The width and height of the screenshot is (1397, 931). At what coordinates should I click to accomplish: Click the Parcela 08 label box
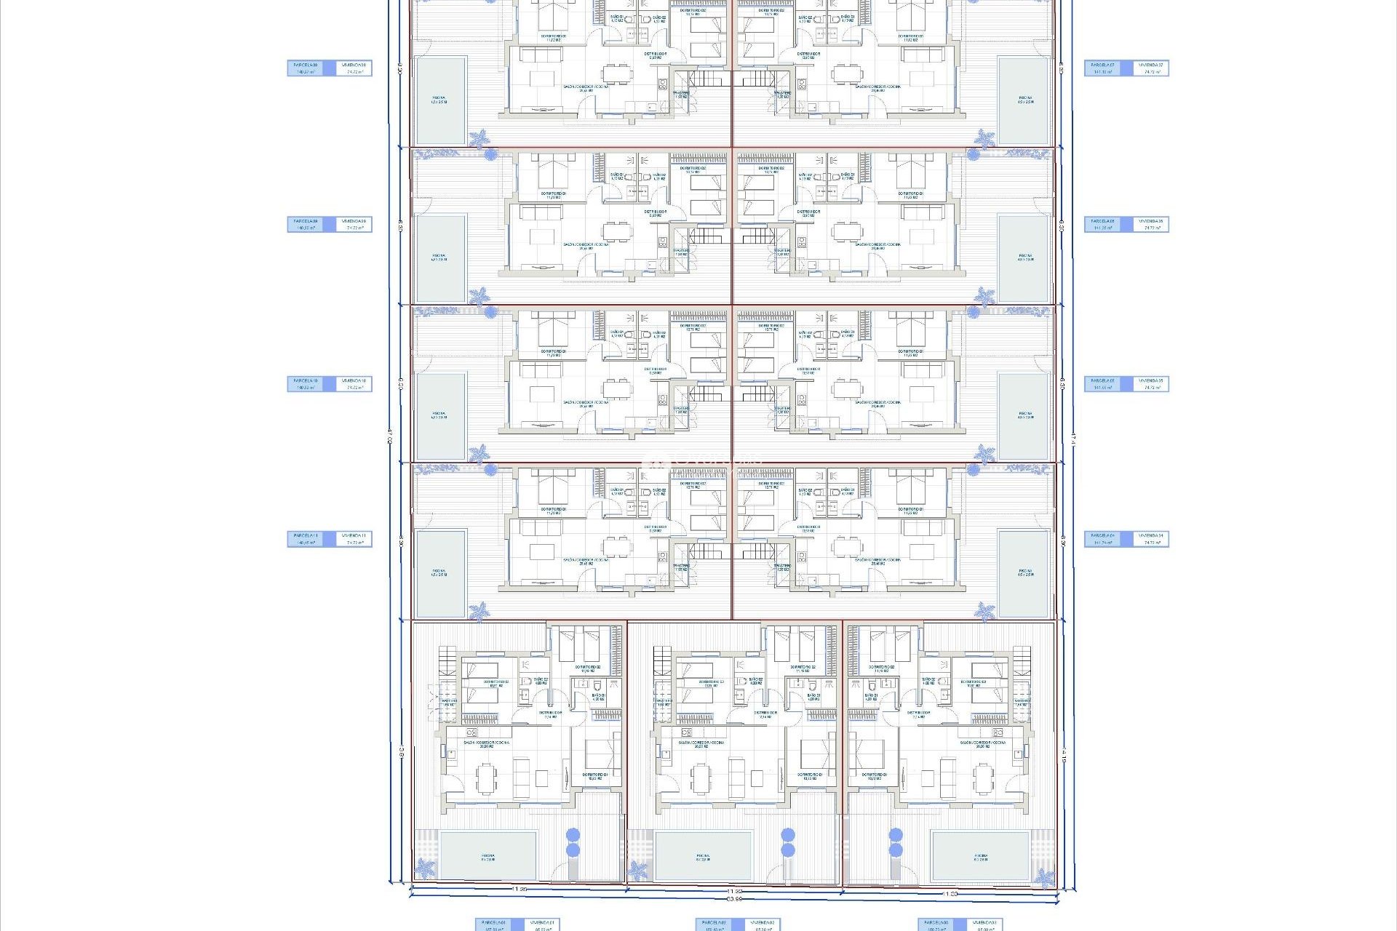[305, 68]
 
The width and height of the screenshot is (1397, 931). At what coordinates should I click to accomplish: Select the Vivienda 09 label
[354, 224]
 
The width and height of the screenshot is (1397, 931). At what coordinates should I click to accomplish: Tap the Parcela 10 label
[305, 383]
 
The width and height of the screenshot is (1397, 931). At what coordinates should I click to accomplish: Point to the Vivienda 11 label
[354, 538]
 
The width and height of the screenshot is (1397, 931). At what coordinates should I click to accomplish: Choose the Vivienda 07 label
[1152, 68]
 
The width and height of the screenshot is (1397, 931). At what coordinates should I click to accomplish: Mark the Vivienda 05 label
[1152, 383]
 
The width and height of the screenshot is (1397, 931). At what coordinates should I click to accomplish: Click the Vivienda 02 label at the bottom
[763, 924]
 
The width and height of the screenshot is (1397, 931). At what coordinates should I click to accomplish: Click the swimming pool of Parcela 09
[440, 258]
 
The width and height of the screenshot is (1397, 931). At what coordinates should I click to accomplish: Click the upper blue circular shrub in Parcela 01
[573, 835]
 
